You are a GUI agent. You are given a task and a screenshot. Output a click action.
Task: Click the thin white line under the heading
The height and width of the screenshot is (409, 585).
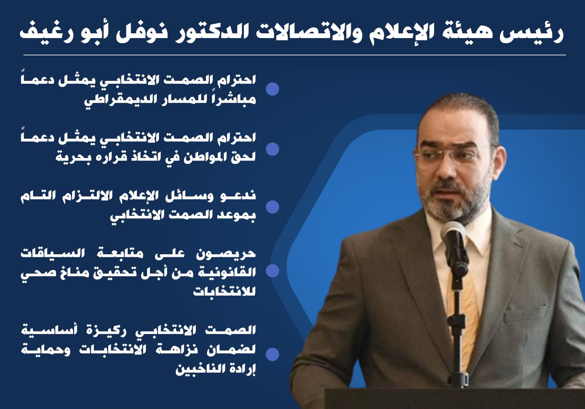(295, 55)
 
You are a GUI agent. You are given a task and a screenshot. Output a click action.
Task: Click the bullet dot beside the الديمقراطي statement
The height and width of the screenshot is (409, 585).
(272, 89)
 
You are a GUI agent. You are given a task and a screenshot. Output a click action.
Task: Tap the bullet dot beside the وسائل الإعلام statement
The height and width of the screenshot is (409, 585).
(272, 207)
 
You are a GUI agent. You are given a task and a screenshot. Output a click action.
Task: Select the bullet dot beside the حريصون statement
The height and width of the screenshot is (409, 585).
(272, 270)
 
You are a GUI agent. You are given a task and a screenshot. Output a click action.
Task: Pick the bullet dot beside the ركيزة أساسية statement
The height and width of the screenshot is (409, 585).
(272, 354)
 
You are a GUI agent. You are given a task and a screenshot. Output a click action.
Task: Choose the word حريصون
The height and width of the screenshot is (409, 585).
(226, 254)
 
